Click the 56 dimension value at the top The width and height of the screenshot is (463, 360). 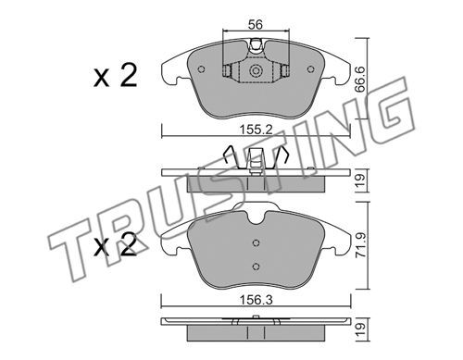tap(256, 24)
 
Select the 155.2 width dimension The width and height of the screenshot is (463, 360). tap(257, 130)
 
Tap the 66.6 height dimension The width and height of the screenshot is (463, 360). tap(359, 81)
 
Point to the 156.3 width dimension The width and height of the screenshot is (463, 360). tap(257, 300)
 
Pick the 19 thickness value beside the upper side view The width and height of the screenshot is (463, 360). tap(360, 181)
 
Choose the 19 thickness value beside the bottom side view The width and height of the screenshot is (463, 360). tap(361, 329)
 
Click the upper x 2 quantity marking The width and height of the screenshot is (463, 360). tap(115, 76)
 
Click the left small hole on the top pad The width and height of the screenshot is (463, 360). tap(202, 69)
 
